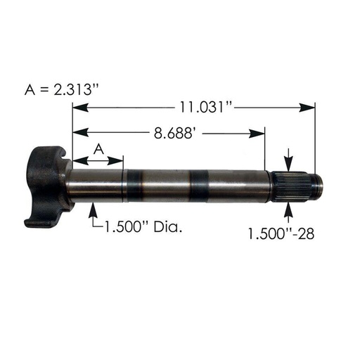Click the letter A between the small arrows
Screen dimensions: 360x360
(x=99, y=148)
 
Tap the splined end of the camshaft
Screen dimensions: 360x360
(x=292, y=186)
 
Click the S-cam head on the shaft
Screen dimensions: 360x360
(x=48, y=186)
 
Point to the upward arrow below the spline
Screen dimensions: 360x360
(x=288, y=210)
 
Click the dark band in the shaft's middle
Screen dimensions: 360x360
(x=198, y=186)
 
